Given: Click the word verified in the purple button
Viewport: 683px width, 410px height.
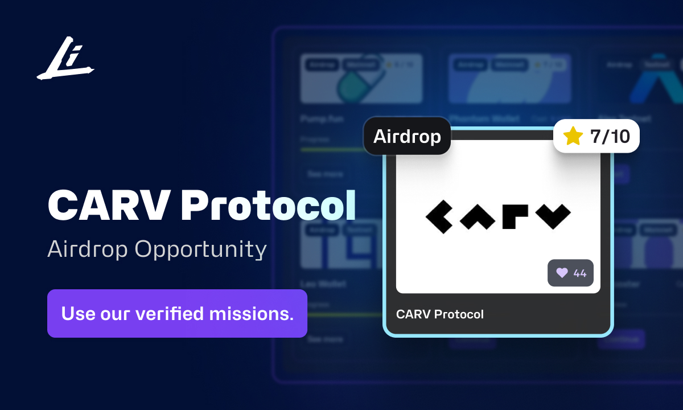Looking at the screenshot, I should [177, 313].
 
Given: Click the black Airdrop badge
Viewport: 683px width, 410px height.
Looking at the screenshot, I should [407, 136].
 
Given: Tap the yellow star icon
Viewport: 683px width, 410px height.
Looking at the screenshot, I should [573, 136].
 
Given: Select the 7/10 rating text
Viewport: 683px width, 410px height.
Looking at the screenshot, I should [610, 136].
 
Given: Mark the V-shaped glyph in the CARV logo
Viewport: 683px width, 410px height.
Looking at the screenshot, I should [553, 216].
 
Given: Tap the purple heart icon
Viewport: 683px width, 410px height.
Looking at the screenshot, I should [562, 273].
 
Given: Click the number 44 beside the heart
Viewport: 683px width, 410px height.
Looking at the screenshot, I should [580, 273].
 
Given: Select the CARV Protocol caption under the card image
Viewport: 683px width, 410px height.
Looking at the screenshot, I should [440, 314].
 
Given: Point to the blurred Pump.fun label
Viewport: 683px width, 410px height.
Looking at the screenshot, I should [319, 120].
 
